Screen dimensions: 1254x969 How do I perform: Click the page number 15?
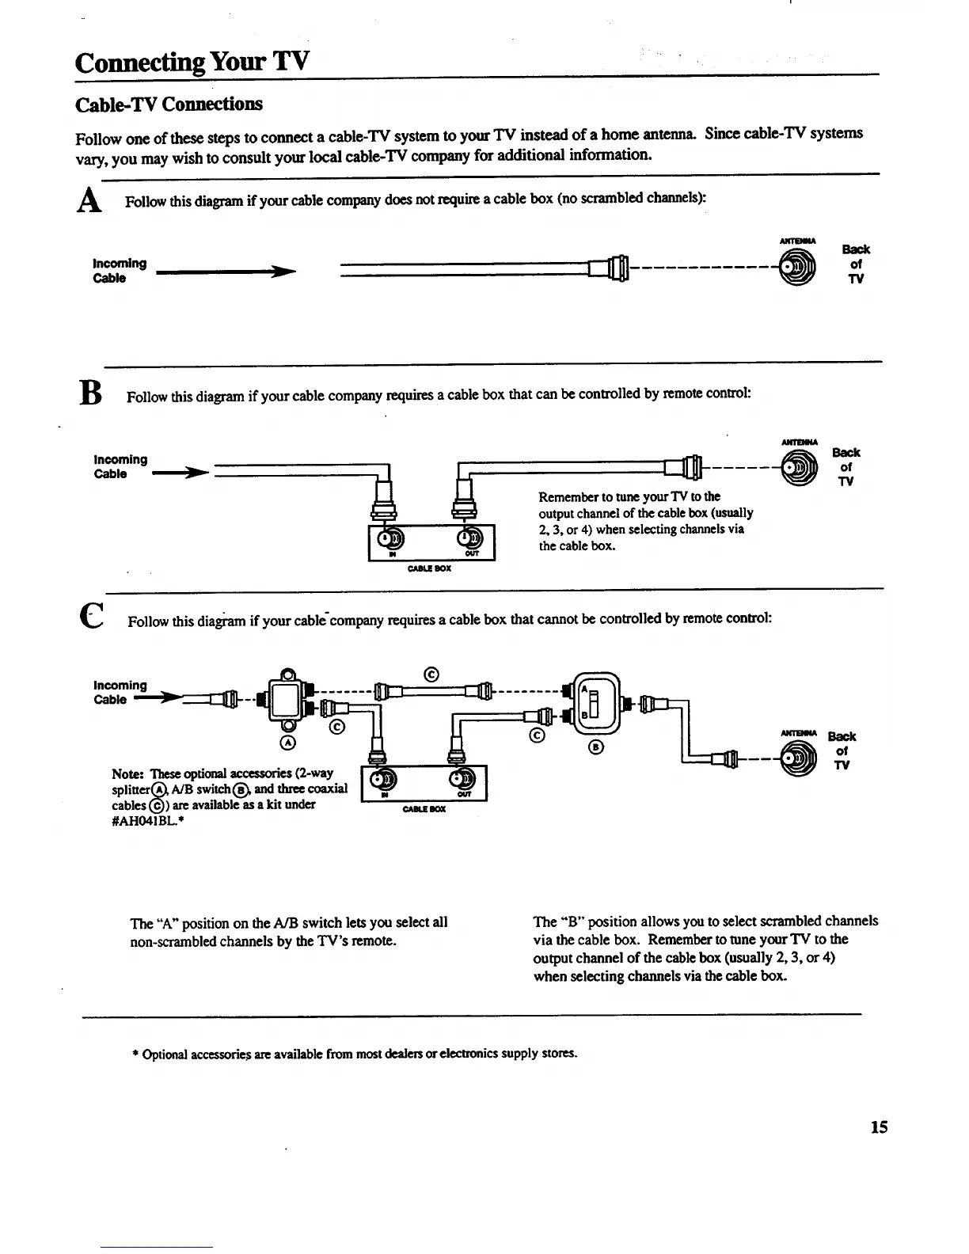pyautogui.click(x=879, y=1127)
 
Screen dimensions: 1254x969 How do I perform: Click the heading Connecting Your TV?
pyautogui.click(x=192, y=61)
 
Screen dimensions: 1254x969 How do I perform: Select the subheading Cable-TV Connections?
pyautogui.click(x=168, y=104)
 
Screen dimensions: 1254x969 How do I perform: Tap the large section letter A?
pyautogui.click(x=89, y=202)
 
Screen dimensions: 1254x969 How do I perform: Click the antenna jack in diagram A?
pyautogui.click(x=797, y=268)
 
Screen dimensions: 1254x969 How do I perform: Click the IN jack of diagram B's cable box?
pyautogui.click(x=391, y=538)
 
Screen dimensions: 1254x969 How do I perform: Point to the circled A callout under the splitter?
pyautogui.click(x=288, y=743)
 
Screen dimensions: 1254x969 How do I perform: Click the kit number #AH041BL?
pyautogui.click(x=145, y=822)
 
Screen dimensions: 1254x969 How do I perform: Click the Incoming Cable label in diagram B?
pyautogui.click(x=120, y=466)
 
